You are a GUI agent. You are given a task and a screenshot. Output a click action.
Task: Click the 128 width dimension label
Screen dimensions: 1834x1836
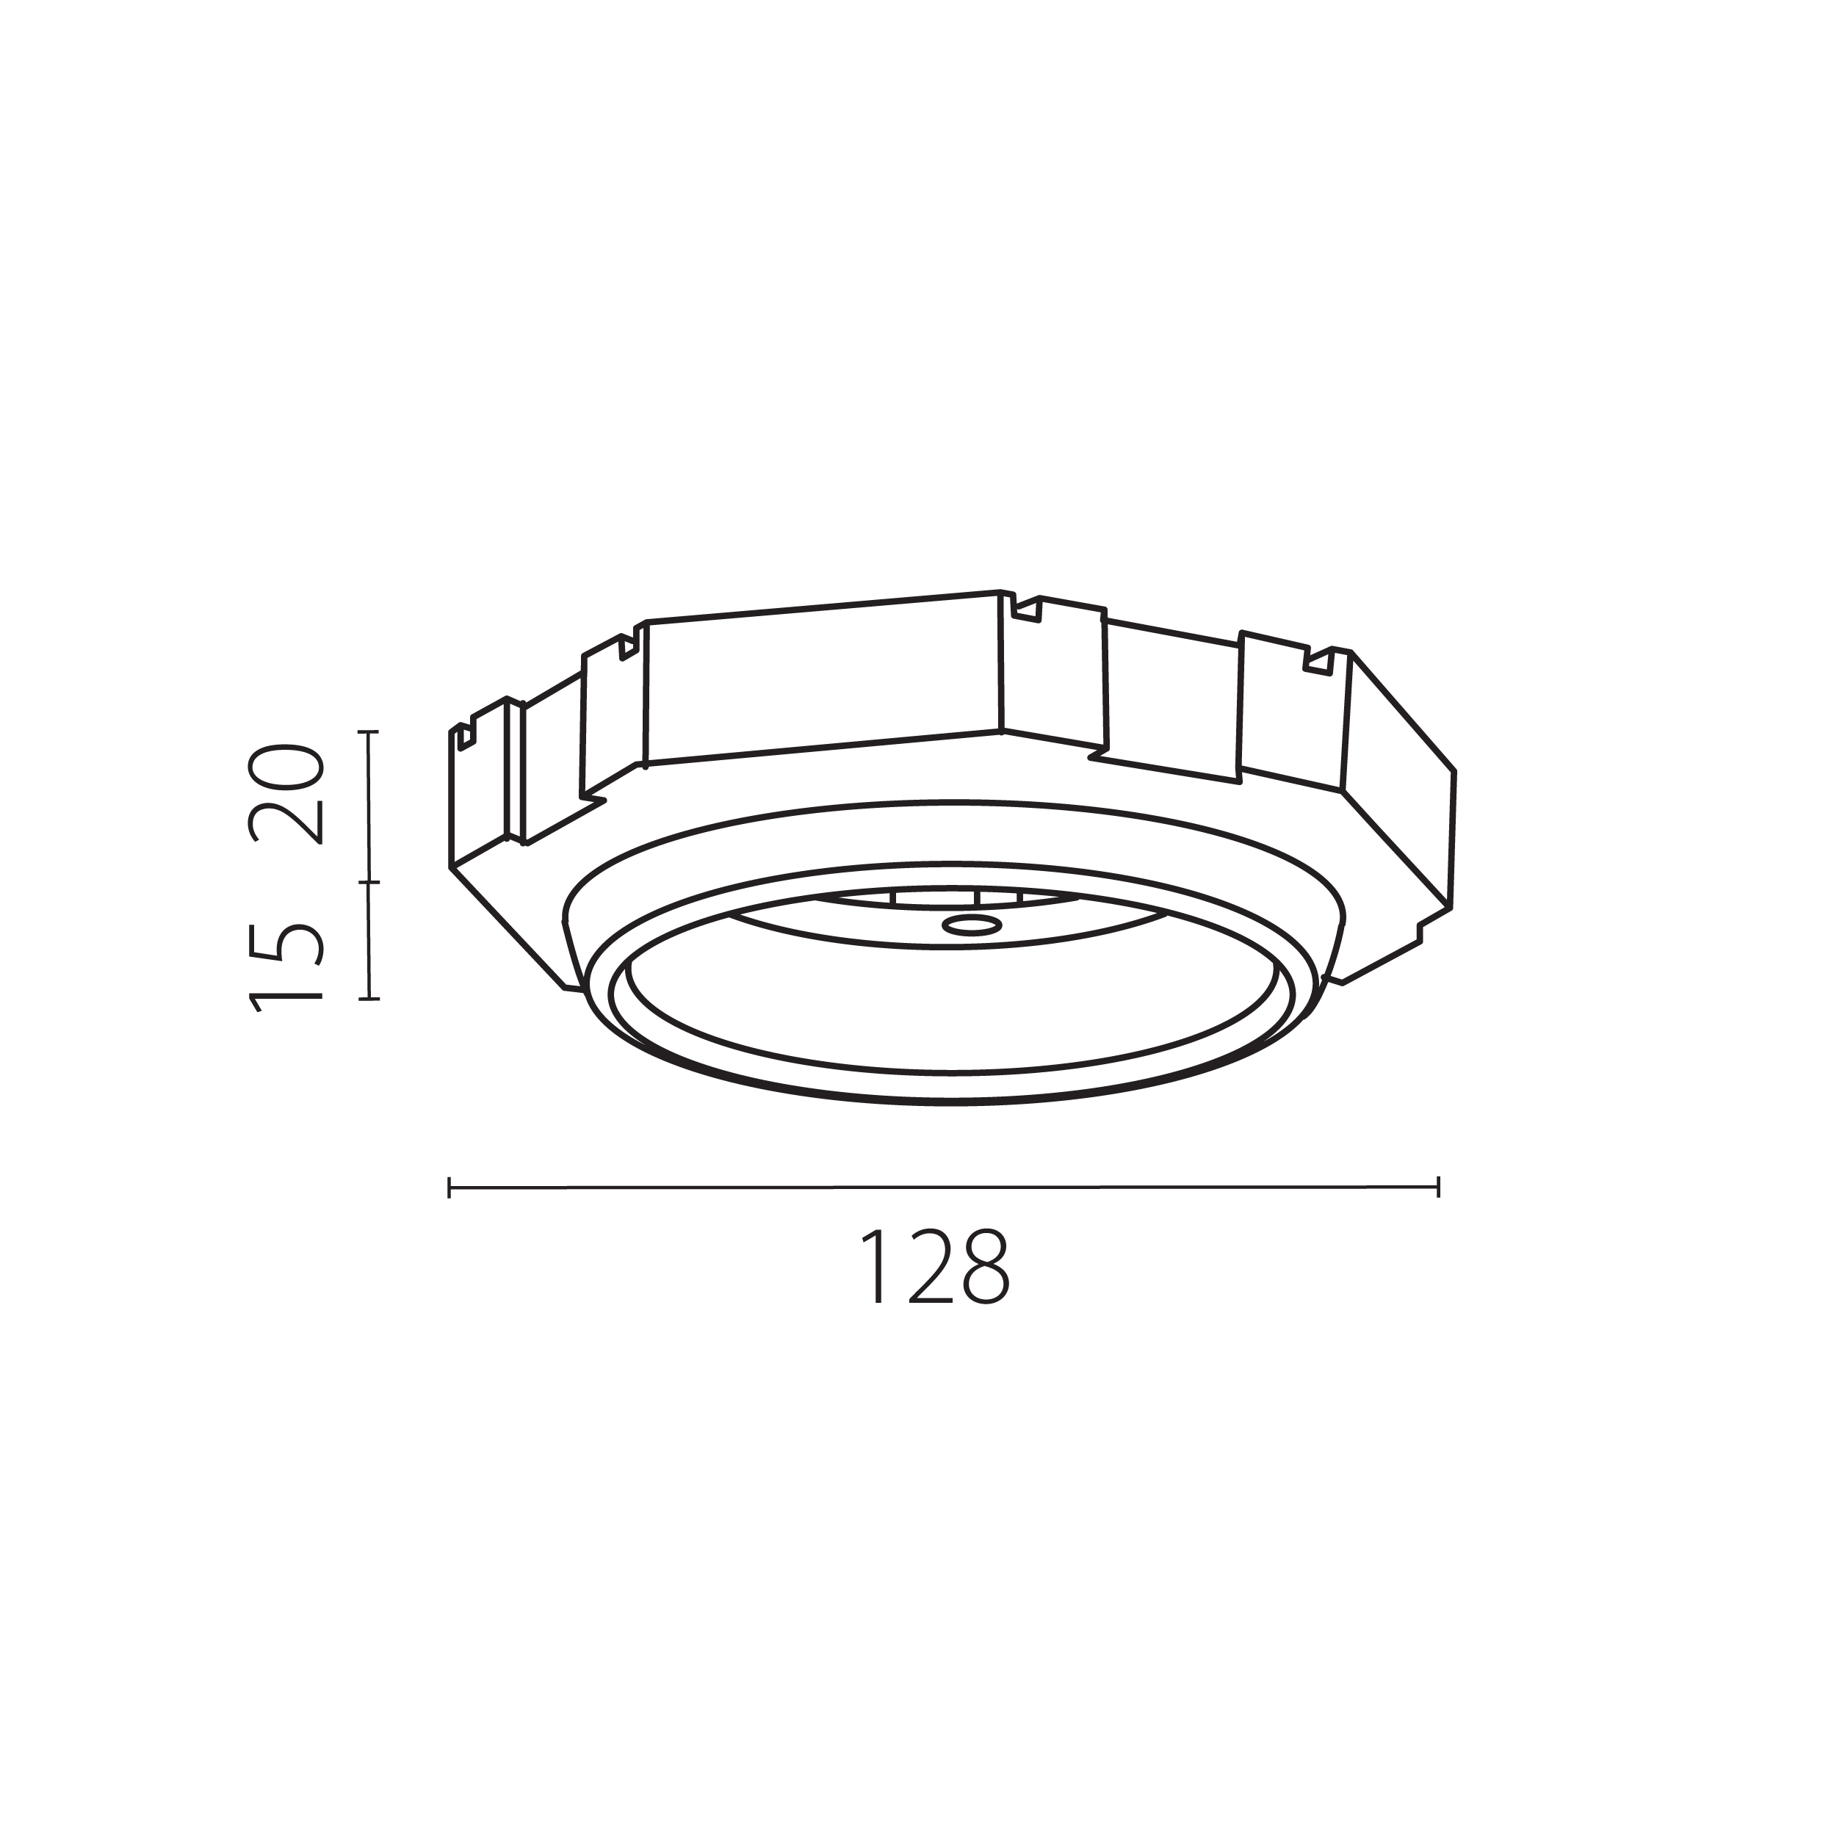point(935,1268)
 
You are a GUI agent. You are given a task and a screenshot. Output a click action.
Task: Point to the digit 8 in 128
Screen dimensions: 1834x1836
point(986,1268)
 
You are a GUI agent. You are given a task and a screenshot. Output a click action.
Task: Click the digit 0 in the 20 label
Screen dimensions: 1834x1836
point(286,766)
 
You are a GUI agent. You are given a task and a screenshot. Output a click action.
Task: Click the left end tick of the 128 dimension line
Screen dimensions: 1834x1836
point(449,1187)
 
